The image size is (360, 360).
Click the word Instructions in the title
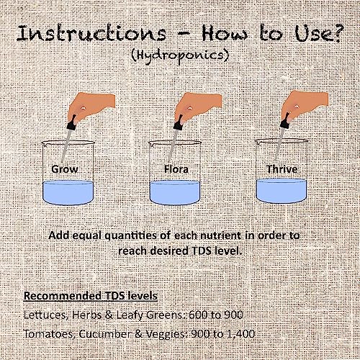tap(91, 33)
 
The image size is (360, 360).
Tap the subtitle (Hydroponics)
tap(180, 56)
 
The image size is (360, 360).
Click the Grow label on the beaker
tap(65, 169)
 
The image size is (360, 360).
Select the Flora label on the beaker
tap(176, 169)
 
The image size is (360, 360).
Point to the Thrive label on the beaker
tap(282, 169)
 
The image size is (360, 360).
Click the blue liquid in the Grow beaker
tap(68, 193)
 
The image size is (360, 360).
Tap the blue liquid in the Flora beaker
tap(175, 193)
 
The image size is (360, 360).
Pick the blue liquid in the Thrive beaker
tap(282, 191)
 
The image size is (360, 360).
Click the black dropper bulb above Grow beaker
tap(72, 123)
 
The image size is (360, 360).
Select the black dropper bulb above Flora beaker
tap(179, 123)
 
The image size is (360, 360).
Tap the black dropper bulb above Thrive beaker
tap(285, 120)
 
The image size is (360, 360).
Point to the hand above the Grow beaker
tap(91, 107)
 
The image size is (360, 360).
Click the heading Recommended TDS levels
tap(91, 295)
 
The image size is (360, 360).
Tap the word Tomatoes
tap(49, 334)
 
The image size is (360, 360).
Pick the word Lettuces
tap(45, 315)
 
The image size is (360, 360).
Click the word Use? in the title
tap(318, 33)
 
